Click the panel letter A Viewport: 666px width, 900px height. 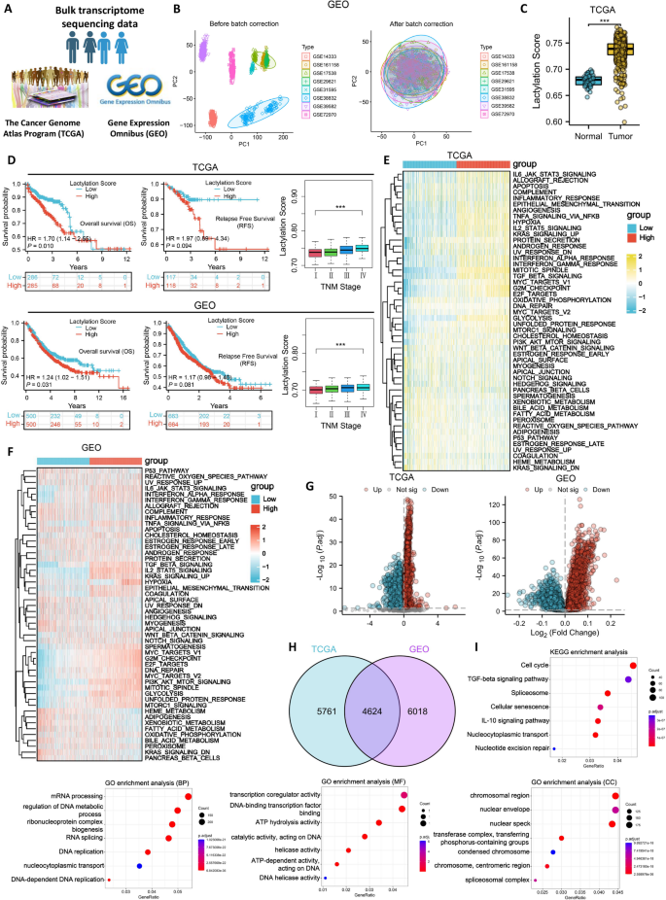click(x=9, y=9)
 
